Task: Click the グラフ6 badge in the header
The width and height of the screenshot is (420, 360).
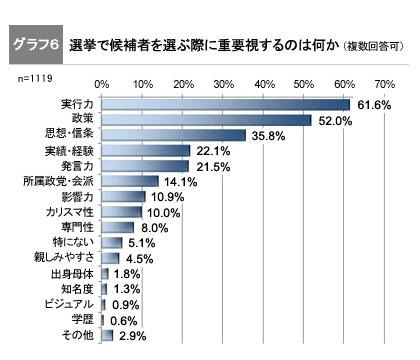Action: coord(35,46)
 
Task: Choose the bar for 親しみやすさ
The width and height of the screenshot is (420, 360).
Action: coord(111,257)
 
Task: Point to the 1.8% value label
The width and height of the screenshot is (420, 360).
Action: coord(126,273)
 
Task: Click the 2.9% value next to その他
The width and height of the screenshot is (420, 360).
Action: coord(131,335)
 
